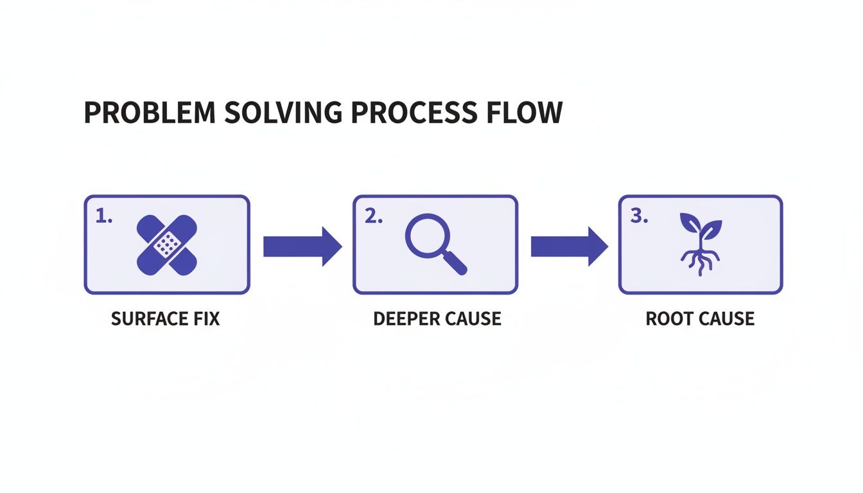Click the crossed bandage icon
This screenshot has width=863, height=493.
[x=168, y=245]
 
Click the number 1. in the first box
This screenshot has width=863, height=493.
[x=104, y=217]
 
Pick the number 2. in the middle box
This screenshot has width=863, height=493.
[x=373, y=217]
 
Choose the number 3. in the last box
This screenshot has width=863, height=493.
[x=639, y=217]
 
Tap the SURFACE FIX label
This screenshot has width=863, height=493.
[x=166, y=318]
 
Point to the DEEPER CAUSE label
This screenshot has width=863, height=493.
[x=437, y=318]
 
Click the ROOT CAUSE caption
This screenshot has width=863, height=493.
[x=700, y=318]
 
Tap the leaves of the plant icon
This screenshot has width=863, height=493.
[x=700, y=227]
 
